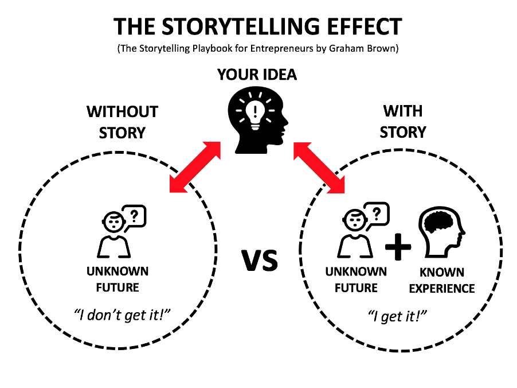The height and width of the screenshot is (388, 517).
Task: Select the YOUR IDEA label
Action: pyautogui.click(x=257, y=75)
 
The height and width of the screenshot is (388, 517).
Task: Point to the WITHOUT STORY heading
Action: pyautogui.click(x=122, y=121)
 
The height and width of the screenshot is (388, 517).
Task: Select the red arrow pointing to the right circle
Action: pyautogui.click(x=321, y=166)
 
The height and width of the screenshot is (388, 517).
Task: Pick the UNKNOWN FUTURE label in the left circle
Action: pyautogui.click(x=117, y=278)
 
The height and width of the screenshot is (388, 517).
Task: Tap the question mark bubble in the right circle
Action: pyautogui.click(x=376, y=215)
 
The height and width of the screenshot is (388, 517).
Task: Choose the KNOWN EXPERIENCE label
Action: pyautogui.click(x=441, y=281)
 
